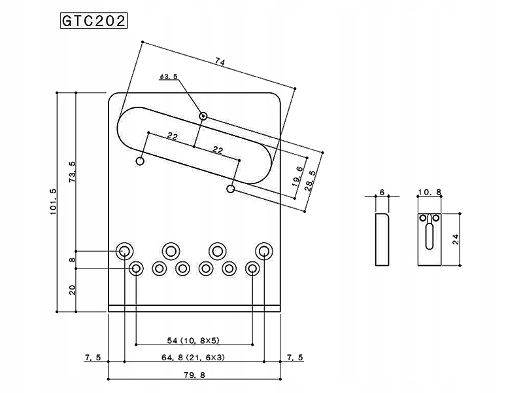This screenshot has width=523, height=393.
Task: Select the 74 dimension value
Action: click(x=220, y=62)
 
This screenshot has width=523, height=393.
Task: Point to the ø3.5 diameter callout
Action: click(x=168, y=77)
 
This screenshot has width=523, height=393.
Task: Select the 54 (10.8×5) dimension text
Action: click(x=194, y=341)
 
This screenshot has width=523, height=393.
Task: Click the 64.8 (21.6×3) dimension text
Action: click(x=194, y=358)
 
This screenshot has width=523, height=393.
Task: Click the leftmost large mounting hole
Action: click(x=124, y=250)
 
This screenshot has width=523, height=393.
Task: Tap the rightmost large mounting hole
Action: click(x=264, y=250)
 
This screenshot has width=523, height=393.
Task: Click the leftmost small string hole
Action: click(x=137, y=268)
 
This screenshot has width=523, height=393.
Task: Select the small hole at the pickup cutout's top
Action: click(x=204, y=117)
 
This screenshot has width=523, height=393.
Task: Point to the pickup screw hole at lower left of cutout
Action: click(x=141, y=161)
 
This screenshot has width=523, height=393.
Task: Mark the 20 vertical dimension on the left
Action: click(x=72, y=290)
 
